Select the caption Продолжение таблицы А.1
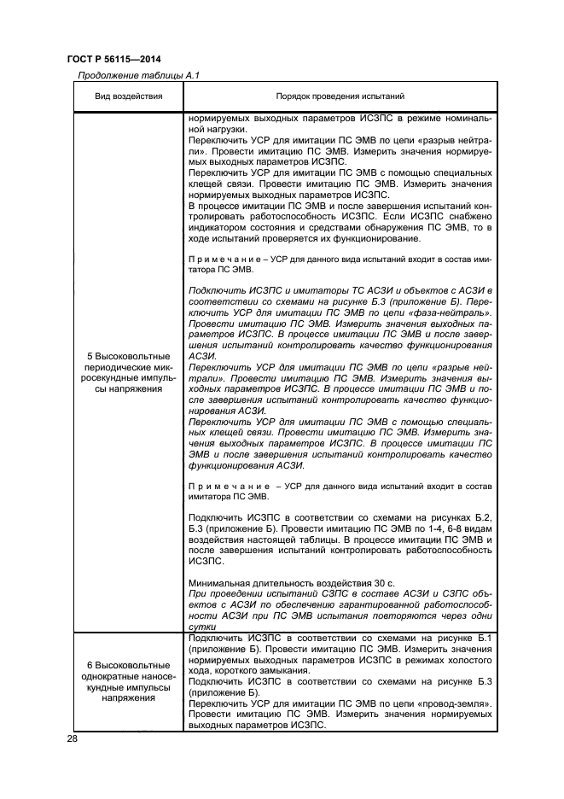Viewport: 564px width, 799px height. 138,75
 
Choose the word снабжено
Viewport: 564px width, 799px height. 463,216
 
